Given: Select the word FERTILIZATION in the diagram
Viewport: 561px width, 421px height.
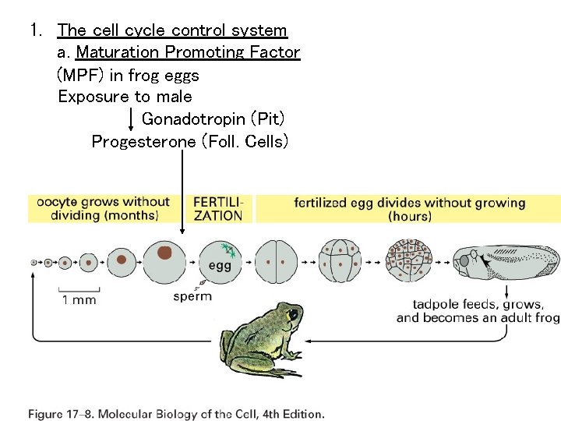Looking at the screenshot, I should click(x=218, y=209).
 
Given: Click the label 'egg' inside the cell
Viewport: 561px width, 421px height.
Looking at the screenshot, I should click(x=219, y=266).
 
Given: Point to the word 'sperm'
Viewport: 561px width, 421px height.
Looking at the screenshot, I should click(x=192, y=296).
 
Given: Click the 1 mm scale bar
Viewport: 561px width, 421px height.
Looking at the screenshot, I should click(x=79, y=292).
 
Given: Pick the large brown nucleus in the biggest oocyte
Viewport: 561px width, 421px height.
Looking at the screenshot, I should click(x=164, y=253).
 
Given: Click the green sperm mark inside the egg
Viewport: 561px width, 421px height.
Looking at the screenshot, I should click(x=228, y=249).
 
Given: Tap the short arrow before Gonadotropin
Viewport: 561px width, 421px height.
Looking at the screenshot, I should click(x=130, y=119).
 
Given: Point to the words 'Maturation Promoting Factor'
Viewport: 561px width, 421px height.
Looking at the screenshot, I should click(x=188, y=53).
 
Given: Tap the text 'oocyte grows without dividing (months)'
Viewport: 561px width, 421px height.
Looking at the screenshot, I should click(x=104, y=209).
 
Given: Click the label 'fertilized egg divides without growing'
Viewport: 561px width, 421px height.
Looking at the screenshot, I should click(x=409, y=203).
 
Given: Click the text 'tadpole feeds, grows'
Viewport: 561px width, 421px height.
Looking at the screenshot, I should click(x=478, y=304).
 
